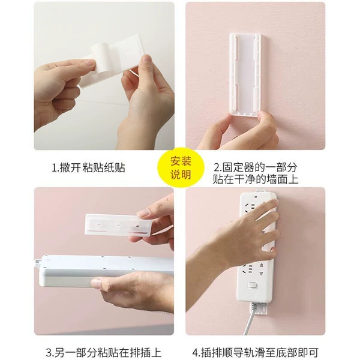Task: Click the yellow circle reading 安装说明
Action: (x=181, y=167)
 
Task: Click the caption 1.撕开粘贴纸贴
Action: (x=88, y=167)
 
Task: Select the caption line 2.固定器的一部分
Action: (x=256, y=167)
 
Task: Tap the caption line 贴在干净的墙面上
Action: (x=256, y=179)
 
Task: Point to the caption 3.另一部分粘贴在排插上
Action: (x=104, y=353)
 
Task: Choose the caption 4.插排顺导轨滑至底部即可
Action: (x=256, y=353)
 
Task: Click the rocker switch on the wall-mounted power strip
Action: (x=253, y=285)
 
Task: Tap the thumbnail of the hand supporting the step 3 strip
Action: (x=97, y=283)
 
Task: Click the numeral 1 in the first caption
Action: (x=54, y=168)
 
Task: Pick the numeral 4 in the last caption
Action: (x=195, y=353)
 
